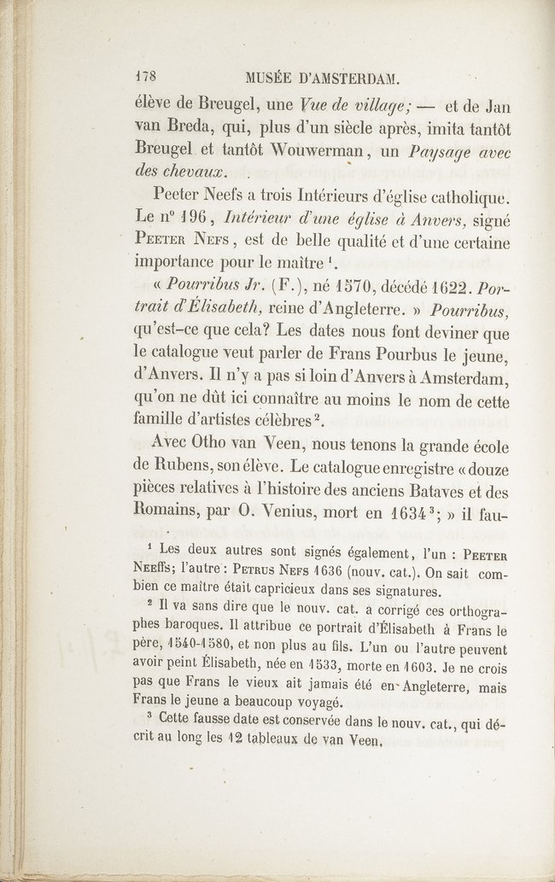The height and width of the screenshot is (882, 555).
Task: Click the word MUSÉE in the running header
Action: coord(272,79)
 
